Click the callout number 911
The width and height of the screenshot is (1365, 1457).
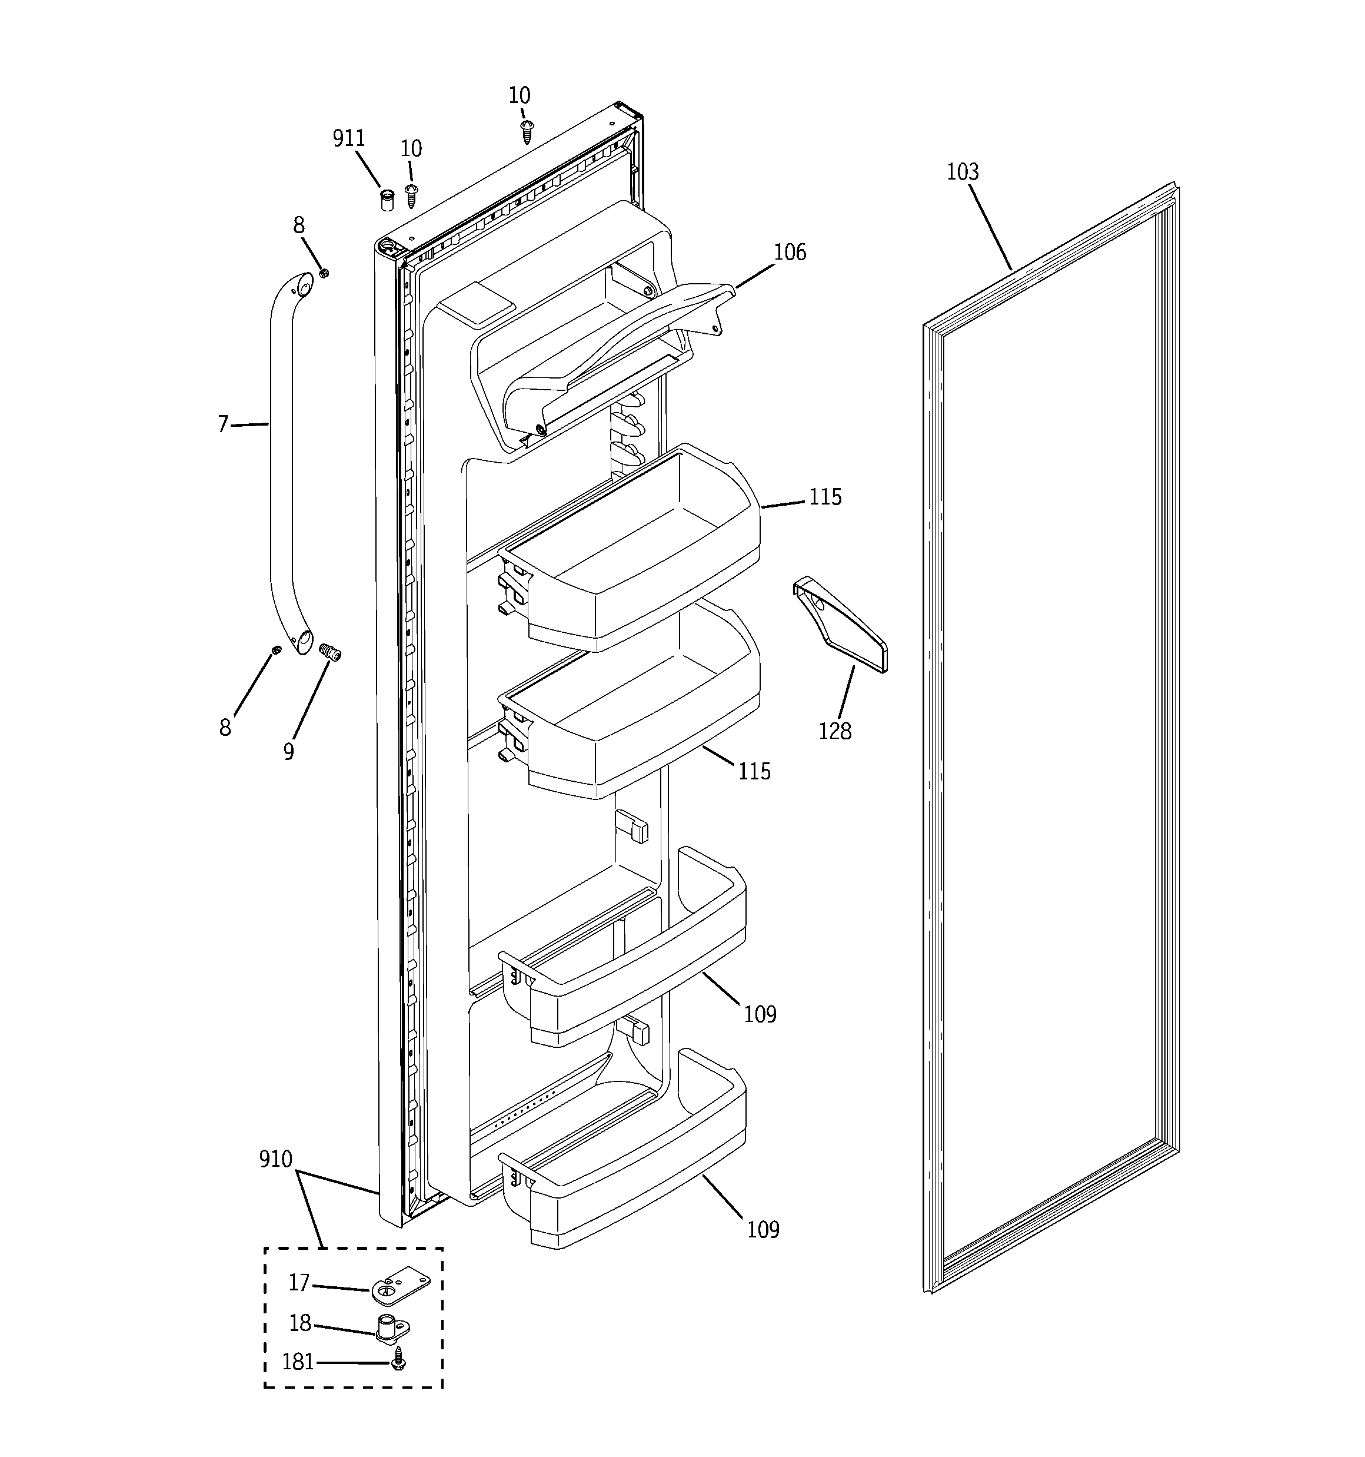(349, 138)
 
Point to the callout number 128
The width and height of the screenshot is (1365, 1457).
(834, 731)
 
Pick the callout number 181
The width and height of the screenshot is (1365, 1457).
(298, 1362)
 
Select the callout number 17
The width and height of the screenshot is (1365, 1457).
(299, 1283)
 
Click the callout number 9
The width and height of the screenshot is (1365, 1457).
(289, 751)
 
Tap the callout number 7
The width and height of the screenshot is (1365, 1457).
(223, 424)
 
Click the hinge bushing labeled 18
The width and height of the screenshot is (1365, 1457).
(392, 1328)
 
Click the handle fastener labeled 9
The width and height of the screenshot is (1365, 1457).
(331, 652)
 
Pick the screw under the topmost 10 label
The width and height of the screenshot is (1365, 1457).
(526, 132)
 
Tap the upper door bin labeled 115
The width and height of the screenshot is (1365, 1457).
(637, 557)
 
